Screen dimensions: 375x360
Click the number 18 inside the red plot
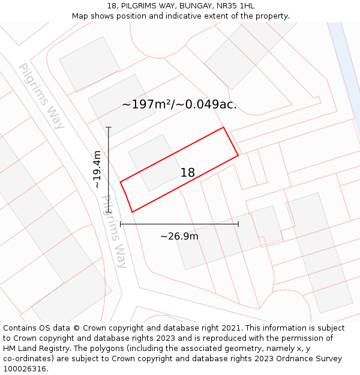click(x=188, y=173)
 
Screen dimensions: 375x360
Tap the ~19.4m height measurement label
click(x=97, y=170)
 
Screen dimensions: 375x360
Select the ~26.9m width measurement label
click(x=179, y=236)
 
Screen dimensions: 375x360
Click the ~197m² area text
click(x=146, y=104)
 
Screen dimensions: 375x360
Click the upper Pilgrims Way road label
click(x=41, y=96)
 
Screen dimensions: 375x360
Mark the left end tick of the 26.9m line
click(x=121, y=224)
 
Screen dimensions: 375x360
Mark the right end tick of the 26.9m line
click(x=238, y=224)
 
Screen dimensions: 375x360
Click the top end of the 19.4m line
click(x=109, y=127)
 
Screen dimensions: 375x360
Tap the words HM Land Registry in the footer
click(x=32, y=349)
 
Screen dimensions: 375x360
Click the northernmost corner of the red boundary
click(x=224, y=127)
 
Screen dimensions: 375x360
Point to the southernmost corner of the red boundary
click(x=132, y=212)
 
